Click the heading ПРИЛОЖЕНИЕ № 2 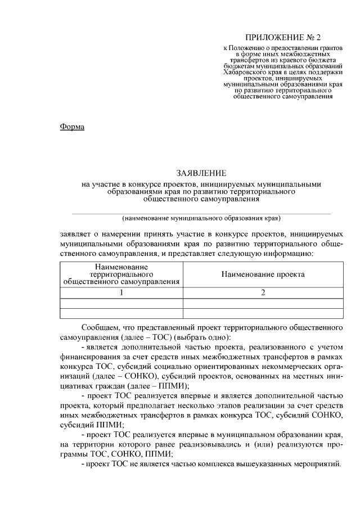coord(283,38)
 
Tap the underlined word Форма coord(72,127)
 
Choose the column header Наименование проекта coord(263,274)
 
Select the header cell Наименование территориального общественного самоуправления coord(121,274)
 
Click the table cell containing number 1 coord(121,292)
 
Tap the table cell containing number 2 coord(263,292)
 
